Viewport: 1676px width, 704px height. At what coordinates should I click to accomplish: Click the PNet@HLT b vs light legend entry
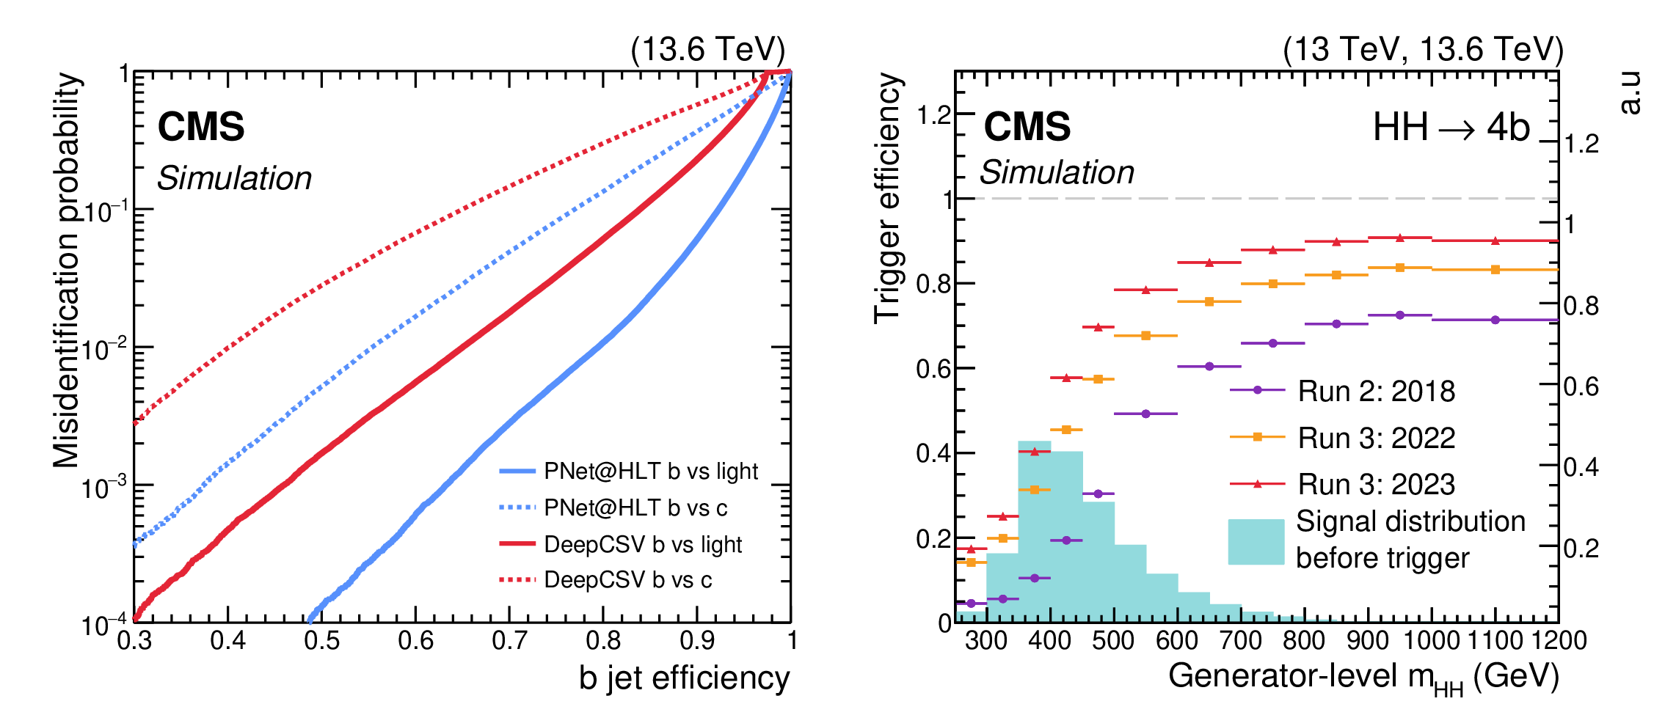629,471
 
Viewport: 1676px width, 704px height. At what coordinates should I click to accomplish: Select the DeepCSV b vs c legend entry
605,580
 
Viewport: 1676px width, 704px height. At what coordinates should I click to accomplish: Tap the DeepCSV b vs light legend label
643,544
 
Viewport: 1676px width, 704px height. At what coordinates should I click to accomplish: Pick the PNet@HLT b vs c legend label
635,507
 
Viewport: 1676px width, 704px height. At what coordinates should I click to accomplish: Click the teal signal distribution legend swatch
1256,542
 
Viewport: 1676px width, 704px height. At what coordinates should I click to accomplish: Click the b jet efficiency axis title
684,678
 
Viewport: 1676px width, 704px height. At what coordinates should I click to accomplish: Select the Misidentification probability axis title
66,270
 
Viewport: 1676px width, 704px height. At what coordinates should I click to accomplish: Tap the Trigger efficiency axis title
887,198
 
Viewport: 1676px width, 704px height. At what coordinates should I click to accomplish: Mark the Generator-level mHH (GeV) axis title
1363,678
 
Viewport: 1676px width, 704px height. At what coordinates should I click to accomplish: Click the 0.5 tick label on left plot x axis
322,641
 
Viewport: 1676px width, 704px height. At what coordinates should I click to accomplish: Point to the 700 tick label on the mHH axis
1240,640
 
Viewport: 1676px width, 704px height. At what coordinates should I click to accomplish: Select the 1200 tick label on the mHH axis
1558,640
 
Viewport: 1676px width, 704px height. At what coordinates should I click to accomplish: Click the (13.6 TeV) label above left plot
708,50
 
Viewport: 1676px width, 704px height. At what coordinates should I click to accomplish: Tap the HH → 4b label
1451,128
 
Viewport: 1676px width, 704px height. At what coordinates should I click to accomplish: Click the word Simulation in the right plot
1057,172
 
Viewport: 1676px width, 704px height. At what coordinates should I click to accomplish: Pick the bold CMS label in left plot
201,126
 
